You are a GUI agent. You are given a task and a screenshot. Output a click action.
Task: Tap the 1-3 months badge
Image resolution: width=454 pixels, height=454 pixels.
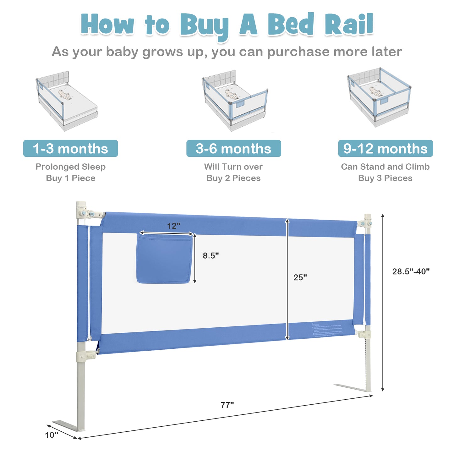pos(70,149)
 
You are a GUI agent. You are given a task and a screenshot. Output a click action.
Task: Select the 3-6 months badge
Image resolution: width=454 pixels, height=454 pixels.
pos(233,149)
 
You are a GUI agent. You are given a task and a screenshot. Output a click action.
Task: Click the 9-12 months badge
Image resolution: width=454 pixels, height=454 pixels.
pos(385,149)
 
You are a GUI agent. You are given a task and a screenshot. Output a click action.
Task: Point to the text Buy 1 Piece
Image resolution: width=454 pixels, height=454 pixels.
pos(70,178)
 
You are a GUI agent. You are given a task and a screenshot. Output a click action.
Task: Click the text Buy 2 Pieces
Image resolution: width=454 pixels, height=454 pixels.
pos(233,178)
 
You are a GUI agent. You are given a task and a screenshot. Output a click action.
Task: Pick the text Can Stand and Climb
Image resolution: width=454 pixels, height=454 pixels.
pos(385,167)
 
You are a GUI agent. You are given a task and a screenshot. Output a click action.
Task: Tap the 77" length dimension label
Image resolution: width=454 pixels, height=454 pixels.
pos(227,405)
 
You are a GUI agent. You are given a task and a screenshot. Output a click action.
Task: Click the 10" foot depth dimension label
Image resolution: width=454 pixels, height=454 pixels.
pos(52,435)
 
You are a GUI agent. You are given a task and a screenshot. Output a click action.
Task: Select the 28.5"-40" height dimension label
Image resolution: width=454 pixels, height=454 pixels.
pos(411,271)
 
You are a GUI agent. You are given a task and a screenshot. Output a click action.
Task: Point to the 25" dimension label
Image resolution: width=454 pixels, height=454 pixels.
pos(300,277)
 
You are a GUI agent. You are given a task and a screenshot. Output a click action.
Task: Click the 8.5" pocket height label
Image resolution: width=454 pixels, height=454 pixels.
pos(211,256)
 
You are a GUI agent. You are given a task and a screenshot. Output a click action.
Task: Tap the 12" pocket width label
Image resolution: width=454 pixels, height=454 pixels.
pos(173,226)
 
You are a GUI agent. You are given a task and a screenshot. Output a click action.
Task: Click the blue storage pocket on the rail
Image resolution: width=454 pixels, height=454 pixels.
pos(164,259)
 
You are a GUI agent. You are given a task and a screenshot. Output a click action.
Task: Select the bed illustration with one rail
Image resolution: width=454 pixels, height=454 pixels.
pos(67,101)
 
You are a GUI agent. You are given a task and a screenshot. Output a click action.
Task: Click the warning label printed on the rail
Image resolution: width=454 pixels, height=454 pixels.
pos(328,330)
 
